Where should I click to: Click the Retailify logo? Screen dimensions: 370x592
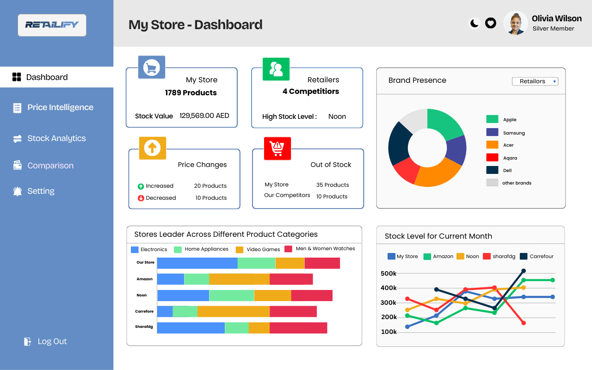click(52, 25)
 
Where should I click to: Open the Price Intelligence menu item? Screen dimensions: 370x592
click(60, 107)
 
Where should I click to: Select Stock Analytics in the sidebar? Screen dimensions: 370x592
click(56, 138)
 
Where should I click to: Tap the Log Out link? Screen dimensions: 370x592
click(52, 341)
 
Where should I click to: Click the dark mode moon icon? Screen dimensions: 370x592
click(475, 23)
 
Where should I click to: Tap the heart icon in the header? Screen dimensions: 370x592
click(491, 23)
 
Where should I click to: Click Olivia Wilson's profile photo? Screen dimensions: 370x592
click(516, 23)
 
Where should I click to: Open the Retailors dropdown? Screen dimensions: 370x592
click(535, 81)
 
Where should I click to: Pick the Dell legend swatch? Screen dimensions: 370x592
click(492, 170)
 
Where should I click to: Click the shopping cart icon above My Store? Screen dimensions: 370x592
click(152, 68)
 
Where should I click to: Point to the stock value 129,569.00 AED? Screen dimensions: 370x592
click(204, 116)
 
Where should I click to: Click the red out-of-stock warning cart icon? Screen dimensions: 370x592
click(277, 148)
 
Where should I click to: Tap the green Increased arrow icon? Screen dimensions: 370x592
click(141, 186)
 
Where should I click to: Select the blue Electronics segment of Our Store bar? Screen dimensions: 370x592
click(197, 263)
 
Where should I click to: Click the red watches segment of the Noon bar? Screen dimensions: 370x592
click(312, 296)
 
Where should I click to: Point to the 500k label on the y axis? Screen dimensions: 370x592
click(388, 273)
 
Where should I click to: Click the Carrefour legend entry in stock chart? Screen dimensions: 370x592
click(536, 256)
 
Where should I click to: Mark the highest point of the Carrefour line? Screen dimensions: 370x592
click(524, 271)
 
